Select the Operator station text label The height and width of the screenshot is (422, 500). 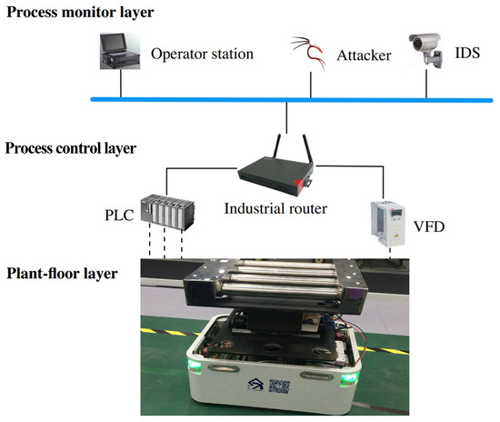[201, 55]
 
